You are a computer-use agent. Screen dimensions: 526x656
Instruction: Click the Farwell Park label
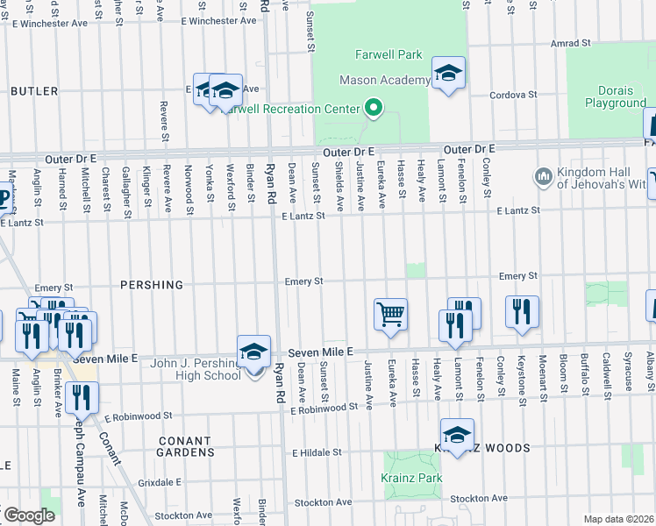[x=389, y=54]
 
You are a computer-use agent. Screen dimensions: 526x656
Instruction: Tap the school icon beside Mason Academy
[x=448, y=74]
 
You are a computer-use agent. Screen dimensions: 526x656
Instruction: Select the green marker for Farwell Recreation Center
[x=374, y=109]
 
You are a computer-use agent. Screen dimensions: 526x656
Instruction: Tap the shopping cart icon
[x=390, y=313]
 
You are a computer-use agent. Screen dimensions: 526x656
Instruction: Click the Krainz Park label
[x=411, y=478]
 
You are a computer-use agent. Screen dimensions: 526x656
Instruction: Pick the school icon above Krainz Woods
[x=457, y=435]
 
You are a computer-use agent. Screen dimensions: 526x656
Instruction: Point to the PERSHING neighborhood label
[x=148, y=285]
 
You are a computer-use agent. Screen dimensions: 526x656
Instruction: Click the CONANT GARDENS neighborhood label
[x=184, y=446]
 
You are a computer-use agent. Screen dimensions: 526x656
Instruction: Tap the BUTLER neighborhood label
[x=34, y=91]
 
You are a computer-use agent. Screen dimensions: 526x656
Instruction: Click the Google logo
[x=28, y=515]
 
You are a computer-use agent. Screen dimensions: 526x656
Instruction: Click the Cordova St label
[x=513, y=94]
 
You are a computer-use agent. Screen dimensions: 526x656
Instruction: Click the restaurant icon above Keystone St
[x=522, y=311]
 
